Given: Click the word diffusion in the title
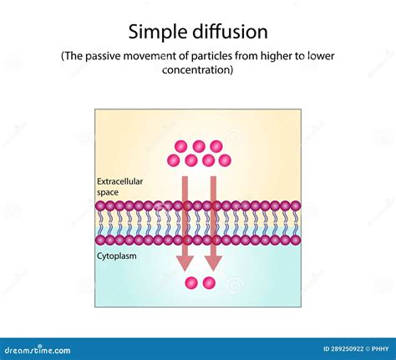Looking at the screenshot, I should point(227,33).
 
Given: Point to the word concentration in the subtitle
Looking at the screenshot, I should point(197,70).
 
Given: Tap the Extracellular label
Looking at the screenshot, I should point(120,180).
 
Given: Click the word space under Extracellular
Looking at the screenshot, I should point(109,191).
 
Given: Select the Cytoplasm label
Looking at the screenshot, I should point(117,256).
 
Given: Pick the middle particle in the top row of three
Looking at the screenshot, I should point(199,147).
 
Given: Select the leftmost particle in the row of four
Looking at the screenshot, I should point(175,160).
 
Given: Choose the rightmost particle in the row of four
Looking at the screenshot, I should point(223,160).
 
